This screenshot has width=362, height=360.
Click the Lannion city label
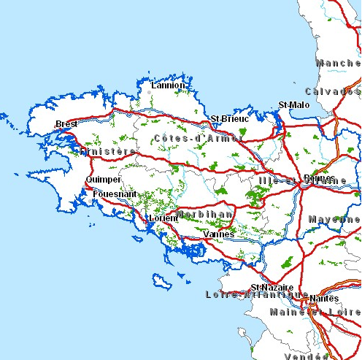[168, 85]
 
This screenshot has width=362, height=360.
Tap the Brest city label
[66, 124]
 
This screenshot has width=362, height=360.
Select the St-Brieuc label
[229, 118]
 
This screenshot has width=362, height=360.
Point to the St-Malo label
[294, 105]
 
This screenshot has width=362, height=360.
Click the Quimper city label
[103, 179]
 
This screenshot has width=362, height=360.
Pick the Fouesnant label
[115, 194]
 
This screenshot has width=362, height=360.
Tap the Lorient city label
[163, 218]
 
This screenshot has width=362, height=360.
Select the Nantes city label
[324, 298]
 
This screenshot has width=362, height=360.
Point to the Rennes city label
[319, 177]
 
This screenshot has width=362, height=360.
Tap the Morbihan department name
[205, 215]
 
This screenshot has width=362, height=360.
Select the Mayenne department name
[334, 219]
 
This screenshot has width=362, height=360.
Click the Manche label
[339, 63]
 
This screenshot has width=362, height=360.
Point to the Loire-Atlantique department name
[248, 295]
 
